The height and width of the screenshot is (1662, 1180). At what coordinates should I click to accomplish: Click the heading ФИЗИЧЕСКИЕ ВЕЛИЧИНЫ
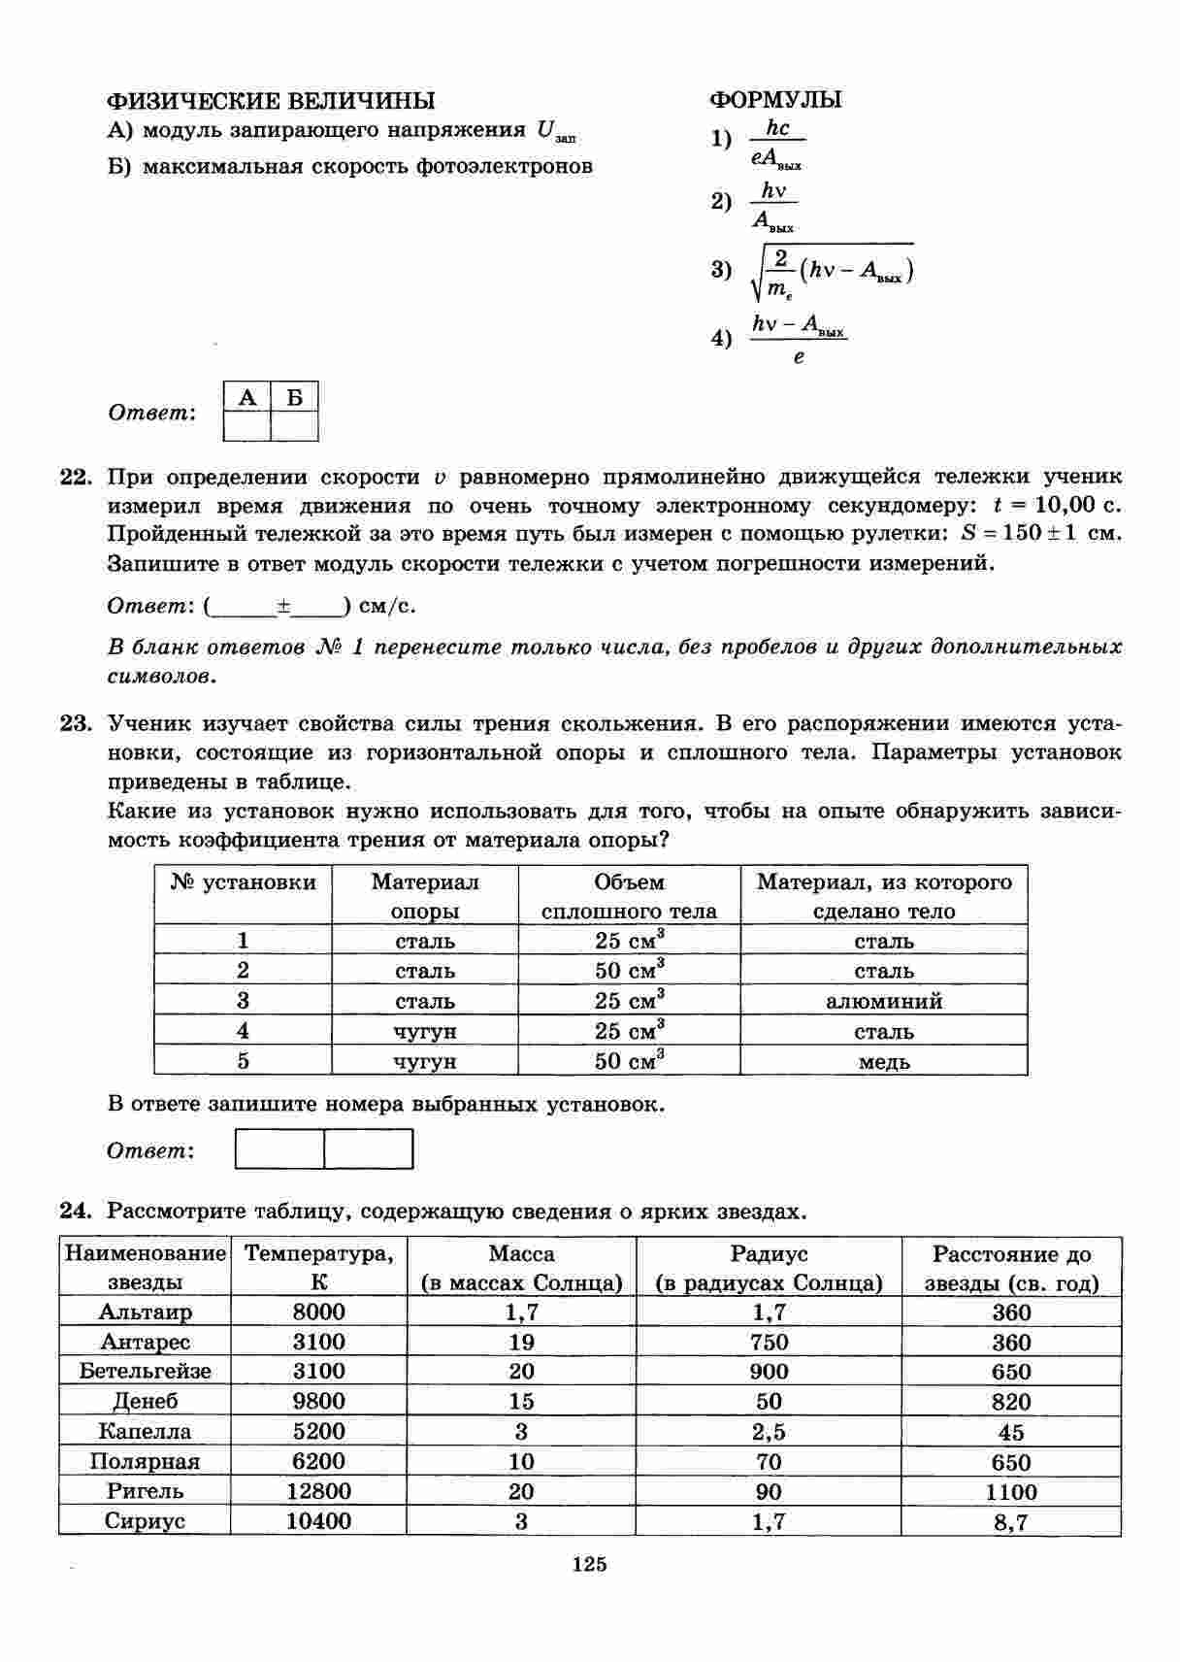pos(271,101)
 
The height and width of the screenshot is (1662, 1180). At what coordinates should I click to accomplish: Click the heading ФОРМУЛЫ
pos(775,100)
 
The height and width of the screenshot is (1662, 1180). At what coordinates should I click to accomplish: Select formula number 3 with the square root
pos(831,271)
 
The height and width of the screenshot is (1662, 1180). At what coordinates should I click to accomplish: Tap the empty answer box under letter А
pos(247,426)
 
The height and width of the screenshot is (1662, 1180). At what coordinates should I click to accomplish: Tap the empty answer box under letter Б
pos(295,426)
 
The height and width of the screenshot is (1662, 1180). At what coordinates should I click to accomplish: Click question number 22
pos(75,478)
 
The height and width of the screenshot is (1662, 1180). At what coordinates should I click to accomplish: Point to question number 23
pos(75,724)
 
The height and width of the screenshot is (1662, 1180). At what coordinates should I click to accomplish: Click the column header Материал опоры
pos(425,896)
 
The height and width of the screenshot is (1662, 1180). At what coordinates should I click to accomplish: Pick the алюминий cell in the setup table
pos(884,1001)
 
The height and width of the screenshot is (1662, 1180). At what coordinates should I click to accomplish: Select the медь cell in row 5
pos(884,1061)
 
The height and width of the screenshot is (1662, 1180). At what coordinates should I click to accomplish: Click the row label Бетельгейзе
pos(145,1372)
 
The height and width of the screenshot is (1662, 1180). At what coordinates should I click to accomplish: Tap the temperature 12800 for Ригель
pos(318,1491)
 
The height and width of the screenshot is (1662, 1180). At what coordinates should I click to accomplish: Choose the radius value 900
pos(769,1372)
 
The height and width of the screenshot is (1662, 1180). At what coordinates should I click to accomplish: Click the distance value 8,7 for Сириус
pos(1010,1522)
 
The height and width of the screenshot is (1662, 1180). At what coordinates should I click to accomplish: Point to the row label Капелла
pos(145,1432)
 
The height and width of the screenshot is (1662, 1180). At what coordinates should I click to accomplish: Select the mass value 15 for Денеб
pos(521,1402)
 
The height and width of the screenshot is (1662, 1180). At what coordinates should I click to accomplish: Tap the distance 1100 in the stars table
pos(1010,1492)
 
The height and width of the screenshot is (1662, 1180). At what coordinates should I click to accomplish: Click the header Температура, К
pos(318,1268)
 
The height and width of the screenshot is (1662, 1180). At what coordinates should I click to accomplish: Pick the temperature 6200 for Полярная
pos(318,1462)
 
